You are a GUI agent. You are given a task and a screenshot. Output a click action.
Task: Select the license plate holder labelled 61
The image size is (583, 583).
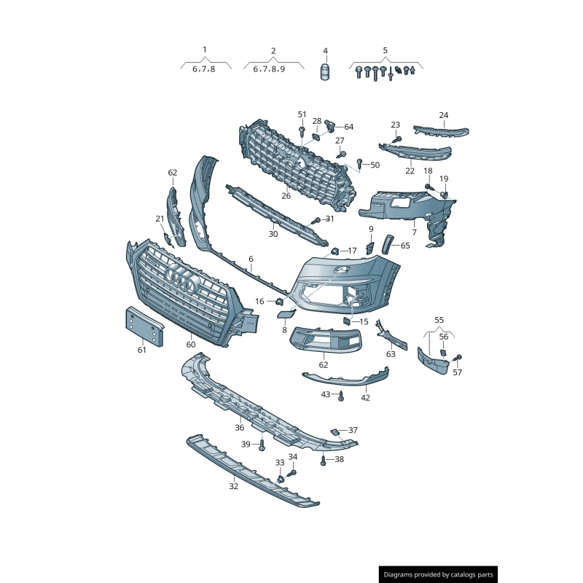144,326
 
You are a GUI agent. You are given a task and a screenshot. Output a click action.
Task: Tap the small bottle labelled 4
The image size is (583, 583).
325,71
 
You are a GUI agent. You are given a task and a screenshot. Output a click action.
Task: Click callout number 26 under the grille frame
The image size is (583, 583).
286,196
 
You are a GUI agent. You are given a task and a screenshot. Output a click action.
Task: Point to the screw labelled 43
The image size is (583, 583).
341,396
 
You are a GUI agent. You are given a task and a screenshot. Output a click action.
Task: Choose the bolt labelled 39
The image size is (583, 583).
262,445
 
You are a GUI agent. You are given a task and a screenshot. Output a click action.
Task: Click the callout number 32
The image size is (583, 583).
233,486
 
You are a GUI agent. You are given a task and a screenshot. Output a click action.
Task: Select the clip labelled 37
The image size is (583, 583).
334,431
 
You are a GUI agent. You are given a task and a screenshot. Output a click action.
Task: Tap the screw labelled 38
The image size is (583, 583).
323,461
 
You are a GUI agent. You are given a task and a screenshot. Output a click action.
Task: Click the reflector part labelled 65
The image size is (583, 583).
388,244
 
